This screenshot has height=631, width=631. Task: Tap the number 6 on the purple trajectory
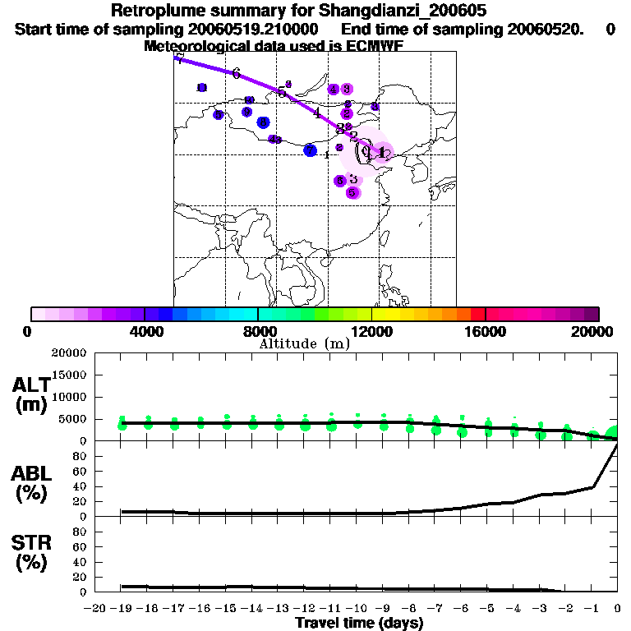236,74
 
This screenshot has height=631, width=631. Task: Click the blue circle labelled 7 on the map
310,150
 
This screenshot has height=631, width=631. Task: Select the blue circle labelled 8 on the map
263,122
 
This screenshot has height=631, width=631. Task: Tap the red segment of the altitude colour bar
477,314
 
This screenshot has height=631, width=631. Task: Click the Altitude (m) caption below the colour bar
304,343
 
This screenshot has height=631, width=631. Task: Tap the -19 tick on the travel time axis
122,608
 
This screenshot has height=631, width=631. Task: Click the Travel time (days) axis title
359,624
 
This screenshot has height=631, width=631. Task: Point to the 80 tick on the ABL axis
81,455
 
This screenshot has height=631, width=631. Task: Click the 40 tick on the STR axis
81,561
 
